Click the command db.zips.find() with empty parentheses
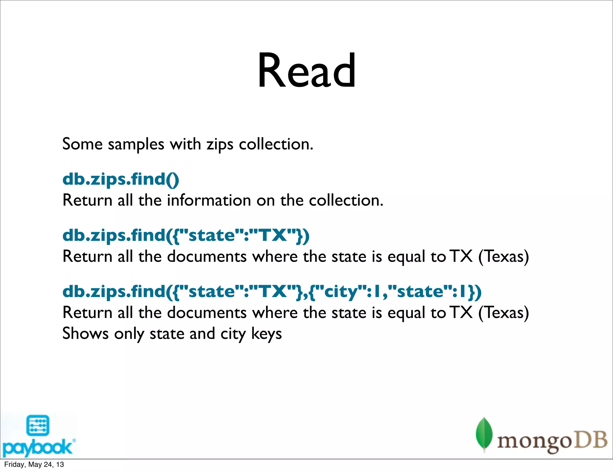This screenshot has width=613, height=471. pos(121,179)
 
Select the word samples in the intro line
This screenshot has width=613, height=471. pos(136,145)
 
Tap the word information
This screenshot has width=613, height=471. pos(209,201)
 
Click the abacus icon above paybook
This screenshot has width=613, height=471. pos(38,425)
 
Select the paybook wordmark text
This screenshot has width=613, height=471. pos(37,447)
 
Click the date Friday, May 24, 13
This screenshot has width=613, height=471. pos(34,464)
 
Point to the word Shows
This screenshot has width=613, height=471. pos(85,334)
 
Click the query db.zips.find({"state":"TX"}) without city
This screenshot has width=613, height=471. pos(186,235)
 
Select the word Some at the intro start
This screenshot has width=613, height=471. pos(82,144)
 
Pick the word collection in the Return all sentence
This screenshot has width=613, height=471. pos(346,201)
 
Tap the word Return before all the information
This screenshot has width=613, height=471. pos(87,201)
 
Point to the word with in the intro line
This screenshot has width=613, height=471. pos(185,144)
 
